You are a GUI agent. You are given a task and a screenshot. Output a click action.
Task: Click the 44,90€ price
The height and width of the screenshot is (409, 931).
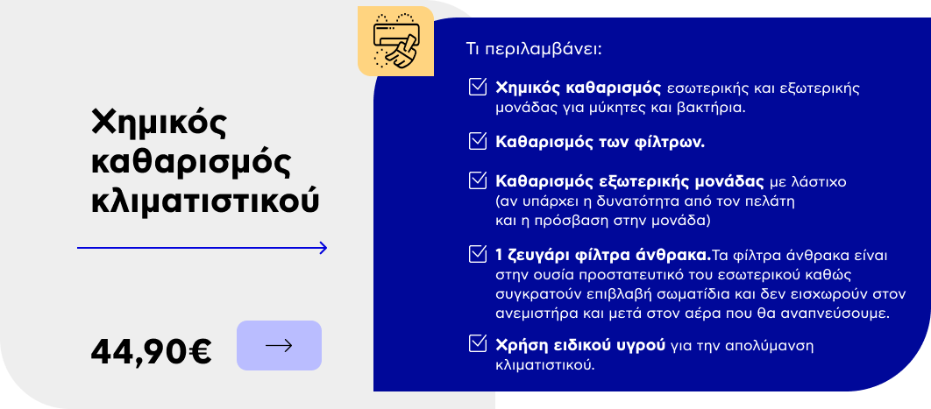point(151,351)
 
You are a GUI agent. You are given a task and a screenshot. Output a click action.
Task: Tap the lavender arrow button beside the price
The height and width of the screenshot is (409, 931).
point(279,346)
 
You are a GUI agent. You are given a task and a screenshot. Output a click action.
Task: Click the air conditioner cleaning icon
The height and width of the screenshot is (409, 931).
point(395,41)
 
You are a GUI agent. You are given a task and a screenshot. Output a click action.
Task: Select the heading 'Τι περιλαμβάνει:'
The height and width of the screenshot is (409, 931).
point(535,48)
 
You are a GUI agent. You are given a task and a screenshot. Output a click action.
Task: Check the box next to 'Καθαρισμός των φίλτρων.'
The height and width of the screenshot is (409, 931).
point(478,141)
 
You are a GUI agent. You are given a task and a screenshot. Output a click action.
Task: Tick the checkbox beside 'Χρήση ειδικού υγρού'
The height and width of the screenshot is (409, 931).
point(478,343)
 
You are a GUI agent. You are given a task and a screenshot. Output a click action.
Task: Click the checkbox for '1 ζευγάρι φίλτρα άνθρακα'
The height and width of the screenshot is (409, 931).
point(478,254)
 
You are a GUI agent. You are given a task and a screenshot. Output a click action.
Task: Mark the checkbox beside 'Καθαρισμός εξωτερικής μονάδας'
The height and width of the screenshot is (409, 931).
point(478,180)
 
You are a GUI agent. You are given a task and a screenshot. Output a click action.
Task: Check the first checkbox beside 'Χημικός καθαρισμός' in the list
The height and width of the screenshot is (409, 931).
point(478,87)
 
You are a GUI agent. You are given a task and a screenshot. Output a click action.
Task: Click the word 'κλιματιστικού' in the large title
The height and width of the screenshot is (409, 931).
point(205,201)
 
